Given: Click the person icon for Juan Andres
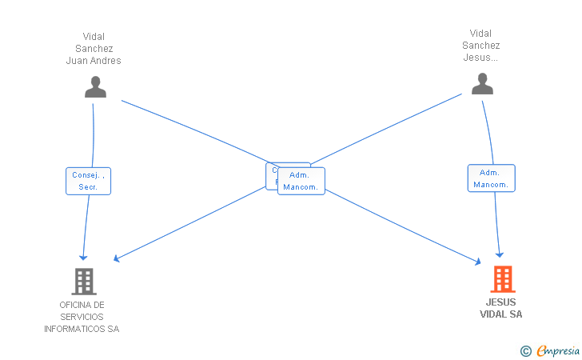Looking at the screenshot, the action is tap(95, 86).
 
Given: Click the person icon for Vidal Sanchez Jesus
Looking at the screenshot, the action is tap(482, 84).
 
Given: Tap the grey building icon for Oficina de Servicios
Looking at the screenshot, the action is tap(84, 282).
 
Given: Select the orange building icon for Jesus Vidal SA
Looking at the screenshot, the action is tap(502, 279).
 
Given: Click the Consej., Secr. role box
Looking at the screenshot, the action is tap(88, 181).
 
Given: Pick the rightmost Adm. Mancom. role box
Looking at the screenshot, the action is tap(491, 178).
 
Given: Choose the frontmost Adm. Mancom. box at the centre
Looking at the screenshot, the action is tap(301, 181).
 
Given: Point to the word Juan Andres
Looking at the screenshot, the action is tap(94, 61).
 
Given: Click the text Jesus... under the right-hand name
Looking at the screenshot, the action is tap(481, 58).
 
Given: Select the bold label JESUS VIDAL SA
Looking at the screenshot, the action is tap(501, 308).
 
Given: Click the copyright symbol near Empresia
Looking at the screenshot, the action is tap(525, 350).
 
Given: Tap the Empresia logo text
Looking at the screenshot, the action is tap(558, 350).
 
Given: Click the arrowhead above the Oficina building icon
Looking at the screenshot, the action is tap(83, 257).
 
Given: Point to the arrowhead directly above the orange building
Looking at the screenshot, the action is tap(500, 252).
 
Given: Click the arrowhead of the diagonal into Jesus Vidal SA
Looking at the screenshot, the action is tap(477, 262).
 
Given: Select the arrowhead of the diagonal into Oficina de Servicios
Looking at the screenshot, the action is tap(117, 258).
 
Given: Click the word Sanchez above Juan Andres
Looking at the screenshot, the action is tap(94, 48).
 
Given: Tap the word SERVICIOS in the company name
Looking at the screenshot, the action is tap(82, 317).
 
